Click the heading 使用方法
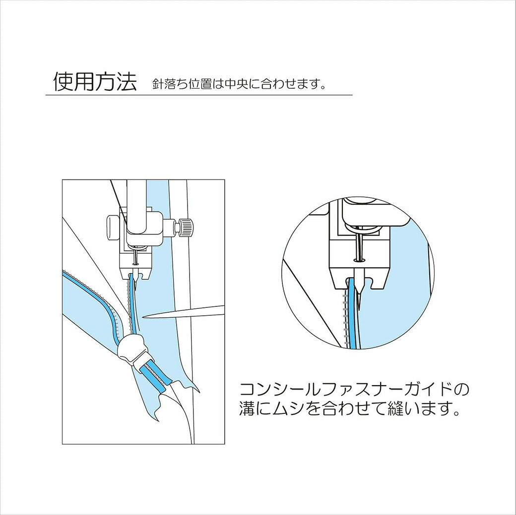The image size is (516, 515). click(95, 82)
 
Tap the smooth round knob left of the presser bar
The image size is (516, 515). click(112, 226)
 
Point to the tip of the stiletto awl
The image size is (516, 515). click(143, 317)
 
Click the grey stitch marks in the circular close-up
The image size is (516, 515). click(345, 319)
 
